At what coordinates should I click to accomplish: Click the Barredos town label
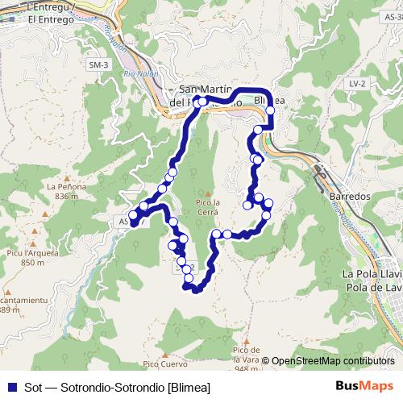pos(349,196)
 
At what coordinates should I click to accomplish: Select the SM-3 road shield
pos(98,64)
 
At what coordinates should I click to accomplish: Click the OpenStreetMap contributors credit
pos(332,361)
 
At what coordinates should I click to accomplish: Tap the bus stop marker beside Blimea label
pos(271,110)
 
